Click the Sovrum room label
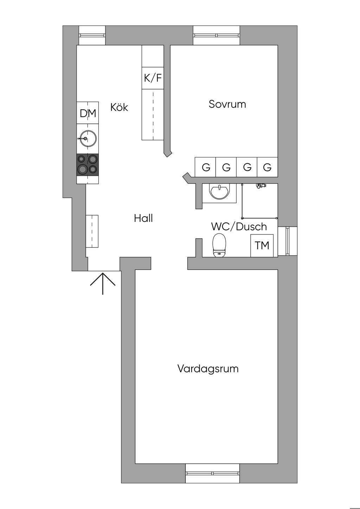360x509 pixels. tap(227, 104)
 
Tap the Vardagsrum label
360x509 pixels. tap(208, 369)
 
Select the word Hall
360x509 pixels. tap(143, 218)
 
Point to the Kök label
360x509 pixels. tap(119, 107)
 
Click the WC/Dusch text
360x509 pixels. tap(239, 227)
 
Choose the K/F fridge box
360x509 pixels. tap(153, 78)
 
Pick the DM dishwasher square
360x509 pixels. tap(88, 113)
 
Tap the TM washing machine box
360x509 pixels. tap(262, 245)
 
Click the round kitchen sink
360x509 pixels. tap(88, 138)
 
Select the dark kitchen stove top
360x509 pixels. tap(88, 165)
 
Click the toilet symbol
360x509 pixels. tap(219, 245)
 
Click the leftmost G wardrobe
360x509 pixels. tap(206, 167)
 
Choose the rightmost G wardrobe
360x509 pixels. tap(268, 167)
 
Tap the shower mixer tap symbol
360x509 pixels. tap(261, 185)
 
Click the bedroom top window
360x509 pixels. tap(217, 35)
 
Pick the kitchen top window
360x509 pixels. tap(92, 35)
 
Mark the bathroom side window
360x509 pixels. tap(287, 241)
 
